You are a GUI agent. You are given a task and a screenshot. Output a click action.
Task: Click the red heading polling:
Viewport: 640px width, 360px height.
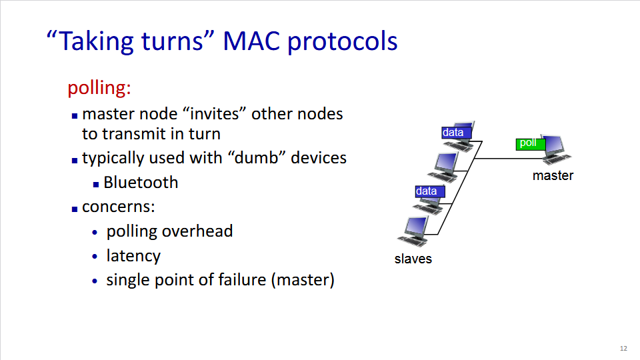pos(99,88)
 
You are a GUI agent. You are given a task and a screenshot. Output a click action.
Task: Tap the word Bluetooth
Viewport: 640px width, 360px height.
pos(141,182)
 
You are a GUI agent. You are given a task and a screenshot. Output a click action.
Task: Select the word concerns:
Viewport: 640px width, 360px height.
pos(119,207)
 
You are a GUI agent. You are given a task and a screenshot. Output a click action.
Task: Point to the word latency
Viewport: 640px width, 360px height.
pos(133,255)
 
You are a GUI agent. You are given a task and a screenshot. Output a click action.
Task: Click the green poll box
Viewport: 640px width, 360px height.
pos(531,143)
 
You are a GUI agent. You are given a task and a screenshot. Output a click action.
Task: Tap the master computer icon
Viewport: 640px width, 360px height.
pos(556,151)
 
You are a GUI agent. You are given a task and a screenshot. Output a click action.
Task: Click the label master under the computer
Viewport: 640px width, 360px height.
pos(553,176)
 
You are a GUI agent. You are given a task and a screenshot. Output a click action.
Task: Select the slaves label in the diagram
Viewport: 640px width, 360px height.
pos(413,259)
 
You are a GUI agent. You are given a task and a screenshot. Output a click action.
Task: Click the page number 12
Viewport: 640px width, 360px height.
pos(623,349)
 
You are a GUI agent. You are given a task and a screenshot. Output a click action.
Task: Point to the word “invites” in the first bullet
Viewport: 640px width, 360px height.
pos(221,113)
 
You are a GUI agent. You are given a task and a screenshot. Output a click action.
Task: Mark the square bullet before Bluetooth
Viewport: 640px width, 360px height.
pos(96,183)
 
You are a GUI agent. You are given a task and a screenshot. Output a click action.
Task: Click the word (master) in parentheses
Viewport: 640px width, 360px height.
pos(303,279)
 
